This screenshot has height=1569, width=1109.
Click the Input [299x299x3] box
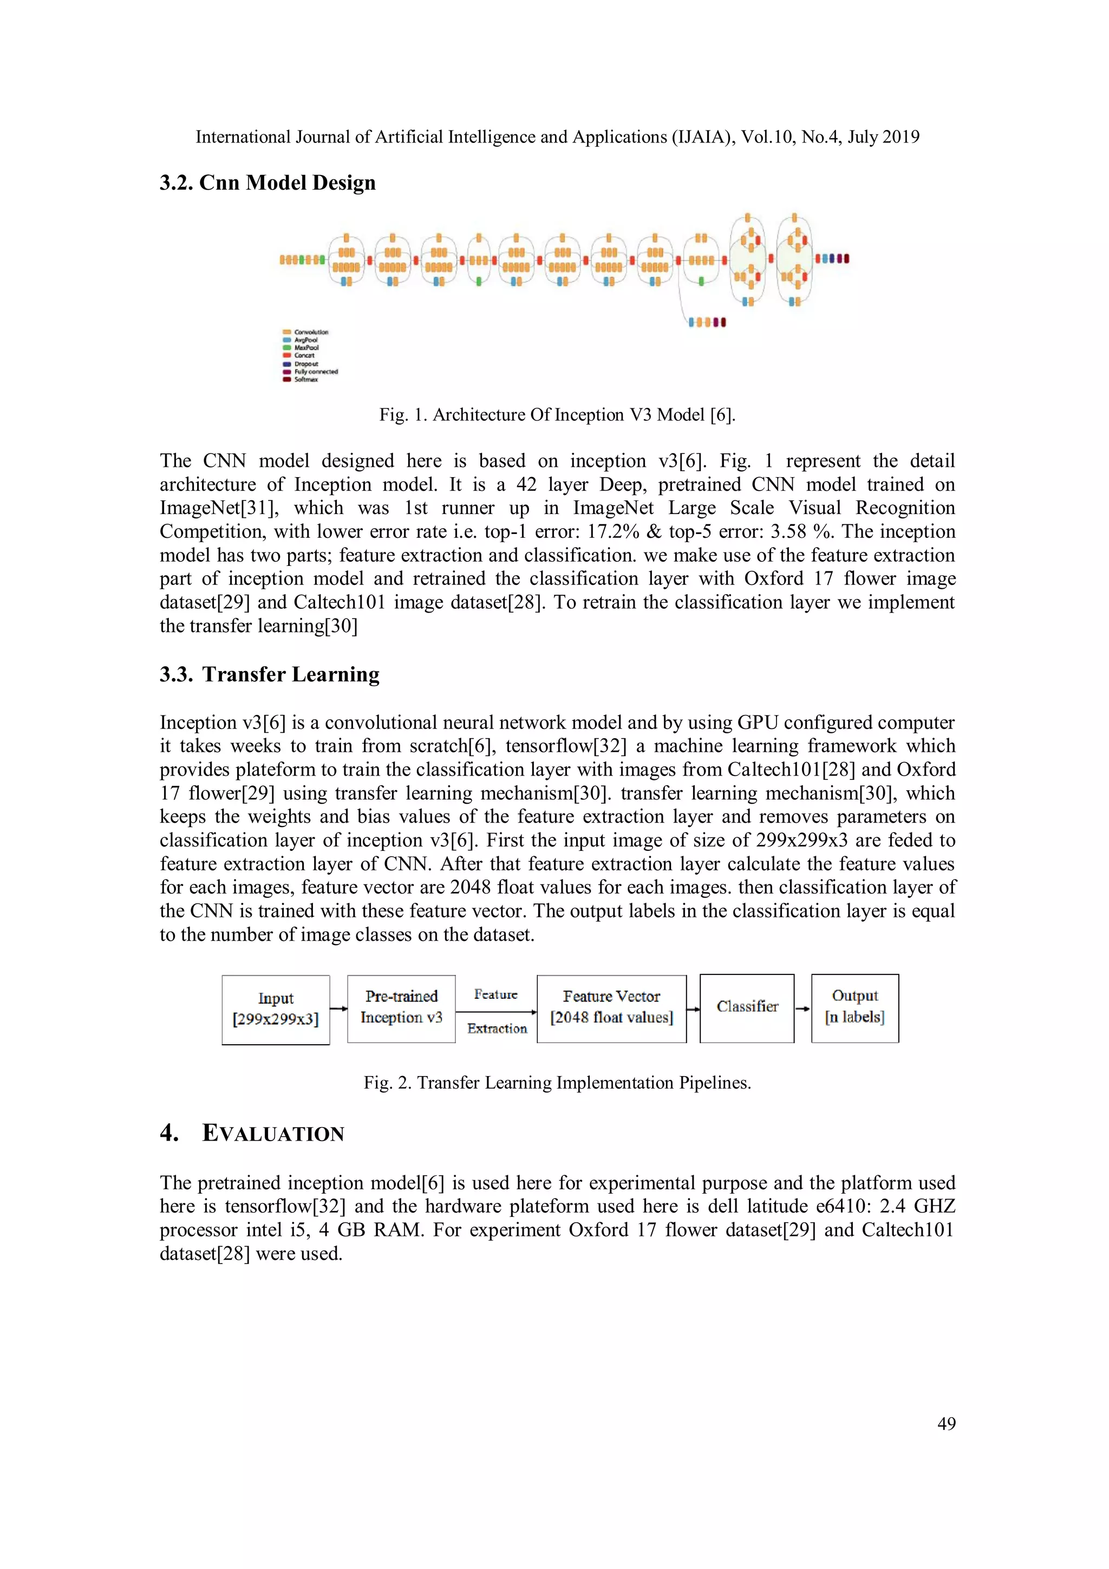point(276,1010)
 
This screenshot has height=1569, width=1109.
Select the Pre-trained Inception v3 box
point(401,1008)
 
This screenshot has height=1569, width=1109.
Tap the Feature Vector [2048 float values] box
point(611,1008)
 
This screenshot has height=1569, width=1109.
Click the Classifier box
point(747,1008)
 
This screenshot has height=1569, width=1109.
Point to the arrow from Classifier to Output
point(803,1008)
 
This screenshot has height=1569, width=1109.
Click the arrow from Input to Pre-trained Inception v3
point(338,1008)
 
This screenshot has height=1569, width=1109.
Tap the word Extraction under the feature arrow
point(497,1028)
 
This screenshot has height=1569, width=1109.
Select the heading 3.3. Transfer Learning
point(269,674)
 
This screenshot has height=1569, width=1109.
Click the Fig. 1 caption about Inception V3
point(557,415)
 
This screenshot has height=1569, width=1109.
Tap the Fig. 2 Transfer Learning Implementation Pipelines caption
point(557,1083)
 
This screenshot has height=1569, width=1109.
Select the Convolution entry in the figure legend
point(311,332)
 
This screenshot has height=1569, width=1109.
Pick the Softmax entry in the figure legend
point(305,380)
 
